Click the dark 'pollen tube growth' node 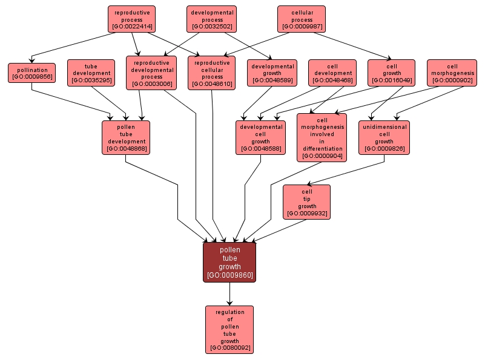[229, 261]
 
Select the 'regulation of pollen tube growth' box [229, 329]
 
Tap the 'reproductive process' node [132, 19]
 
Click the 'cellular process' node [302, 19]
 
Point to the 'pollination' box [31, 73]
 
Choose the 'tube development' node [91, 73]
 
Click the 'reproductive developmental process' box [151, 73]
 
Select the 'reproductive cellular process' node [213, 73]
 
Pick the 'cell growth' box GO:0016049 [391, 73]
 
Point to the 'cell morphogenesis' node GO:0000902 [452, 73]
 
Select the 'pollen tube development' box [126, 137]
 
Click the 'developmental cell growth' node [260, 137]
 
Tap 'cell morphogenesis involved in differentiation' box [322, 137]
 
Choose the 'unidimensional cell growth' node [384, 137]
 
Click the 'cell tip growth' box [307, 202]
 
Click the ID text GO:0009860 [229, 275]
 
